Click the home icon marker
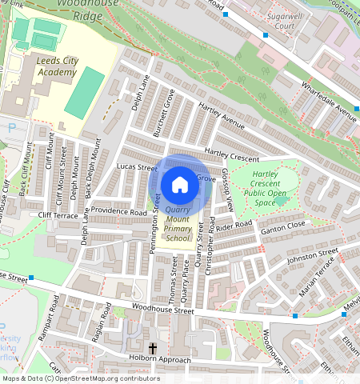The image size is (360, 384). [x=180, y=185]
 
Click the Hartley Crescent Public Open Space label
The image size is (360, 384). [x=264, y=187]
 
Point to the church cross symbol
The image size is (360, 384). [x=152, y=349]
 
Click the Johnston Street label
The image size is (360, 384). [x=313, y=255]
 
